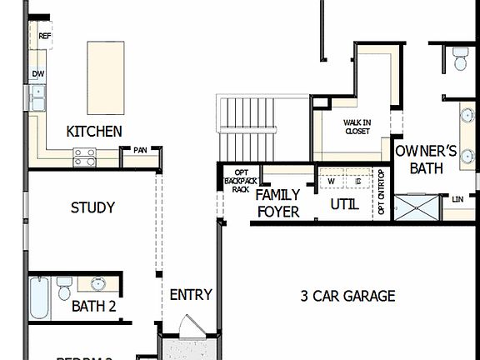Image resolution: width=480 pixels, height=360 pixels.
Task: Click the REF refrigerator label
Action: [44, 37]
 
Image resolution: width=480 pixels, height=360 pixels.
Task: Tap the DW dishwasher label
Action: [38, 74]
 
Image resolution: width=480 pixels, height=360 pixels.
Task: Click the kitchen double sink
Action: [38, 99]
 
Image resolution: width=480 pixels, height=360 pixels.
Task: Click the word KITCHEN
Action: [94, 131]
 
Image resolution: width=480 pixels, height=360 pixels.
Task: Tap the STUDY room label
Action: [92, 207]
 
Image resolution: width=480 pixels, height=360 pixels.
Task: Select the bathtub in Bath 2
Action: [40, 298]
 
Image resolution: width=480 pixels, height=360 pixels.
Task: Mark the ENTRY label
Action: [191, 295]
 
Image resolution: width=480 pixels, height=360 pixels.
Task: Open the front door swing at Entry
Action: [188, 326]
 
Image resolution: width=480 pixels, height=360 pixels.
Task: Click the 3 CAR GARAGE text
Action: [347, 296]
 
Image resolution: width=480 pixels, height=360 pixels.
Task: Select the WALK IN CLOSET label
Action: [357, 127]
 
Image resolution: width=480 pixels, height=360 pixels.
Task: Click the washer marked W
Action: [331, 181]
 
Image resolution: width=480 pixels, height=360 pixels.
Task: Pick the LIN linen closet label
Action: [457, 199]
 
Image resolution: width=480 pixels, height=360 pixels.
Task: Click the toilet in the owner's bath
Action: [459, 58]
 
